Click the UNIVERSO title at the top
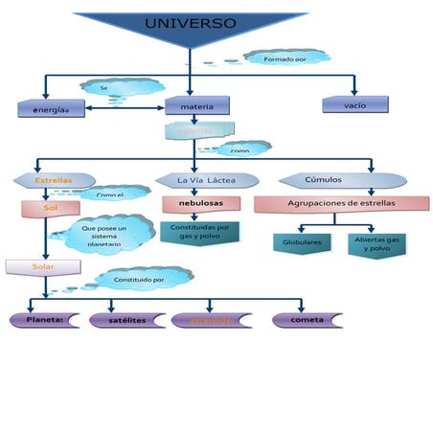190,23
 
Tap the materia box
196,105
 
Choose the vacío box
354,103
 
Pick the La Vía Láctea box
206,180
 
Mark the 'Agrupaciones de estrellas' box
341,204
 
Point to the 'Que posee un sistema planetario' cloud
108,235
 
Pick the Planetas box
45,319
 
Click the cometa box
307,319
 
